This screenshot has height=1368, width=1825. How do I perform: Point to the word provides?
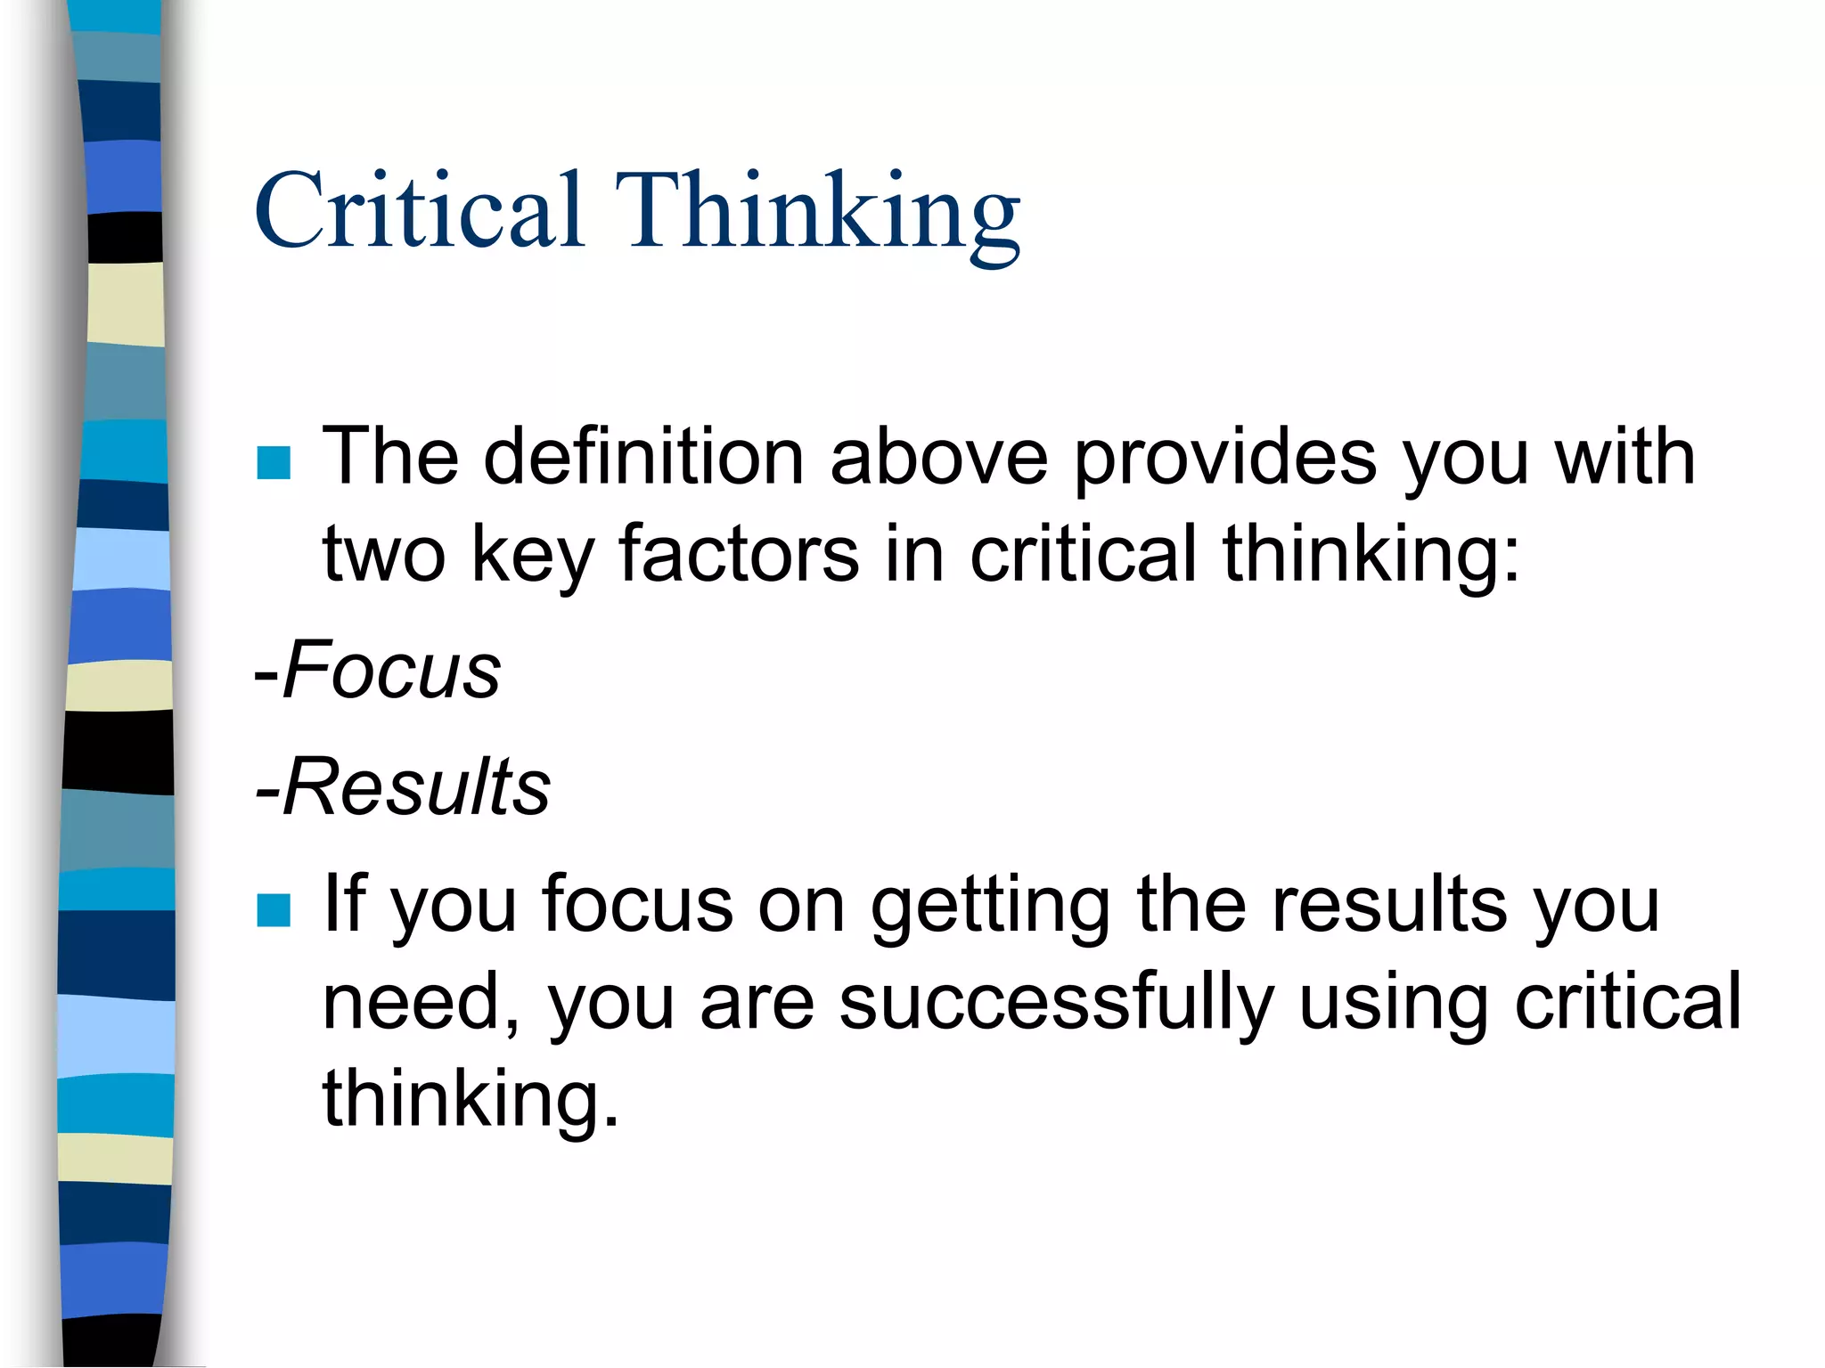point(1224,460)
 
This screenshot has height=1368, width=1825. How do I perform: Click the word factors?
point(739,554)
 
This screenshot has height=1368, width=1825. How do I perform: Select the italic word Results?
point(416,786)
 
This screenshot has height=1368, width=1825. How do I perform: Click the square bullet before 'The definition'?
point(274,462)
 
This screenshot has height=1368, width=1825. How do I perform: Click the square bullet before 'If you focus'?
point(274,910)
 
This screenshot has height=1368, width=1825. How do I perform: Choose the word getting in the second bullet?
point(990,908)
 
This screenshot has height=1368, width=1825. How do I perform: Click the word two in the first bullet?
point(383,555)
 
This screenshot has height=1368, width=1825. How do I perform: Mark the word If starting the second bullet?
point(345,903)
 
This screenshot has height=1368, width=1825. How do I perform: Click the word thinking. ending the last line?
point(470,1100)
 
